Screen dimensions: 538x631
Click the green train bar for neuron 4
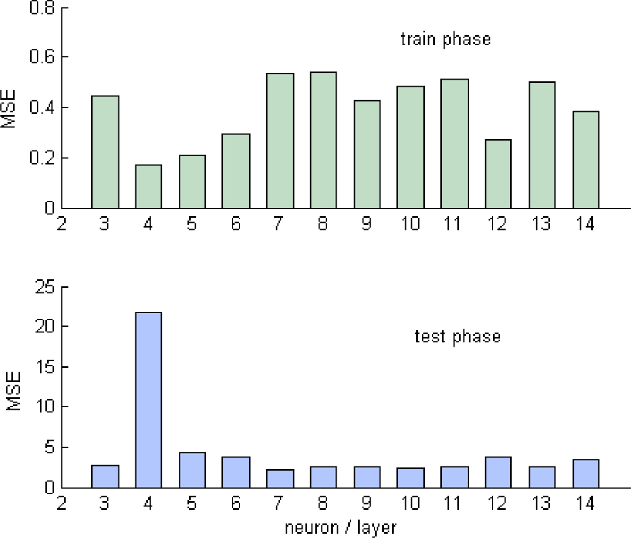148,187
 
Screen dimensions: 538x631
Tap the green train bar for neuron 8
323,140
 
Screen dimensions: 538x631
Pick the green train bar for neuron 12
498,174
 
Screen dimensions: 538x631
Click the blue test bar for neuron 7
280,479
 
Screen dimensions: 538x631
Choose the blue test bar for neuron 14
586,474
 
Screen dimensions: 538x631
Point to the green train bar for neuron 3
105,152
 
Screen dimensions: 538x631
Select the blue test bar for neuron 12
498,472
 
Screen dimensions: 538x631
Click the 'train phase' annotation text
445,39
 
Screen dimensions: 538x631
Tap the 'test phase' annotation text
457,337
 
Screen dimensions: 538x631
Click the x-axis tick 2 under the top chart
61,225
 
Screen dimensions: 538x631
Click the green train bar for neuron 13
542,145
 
